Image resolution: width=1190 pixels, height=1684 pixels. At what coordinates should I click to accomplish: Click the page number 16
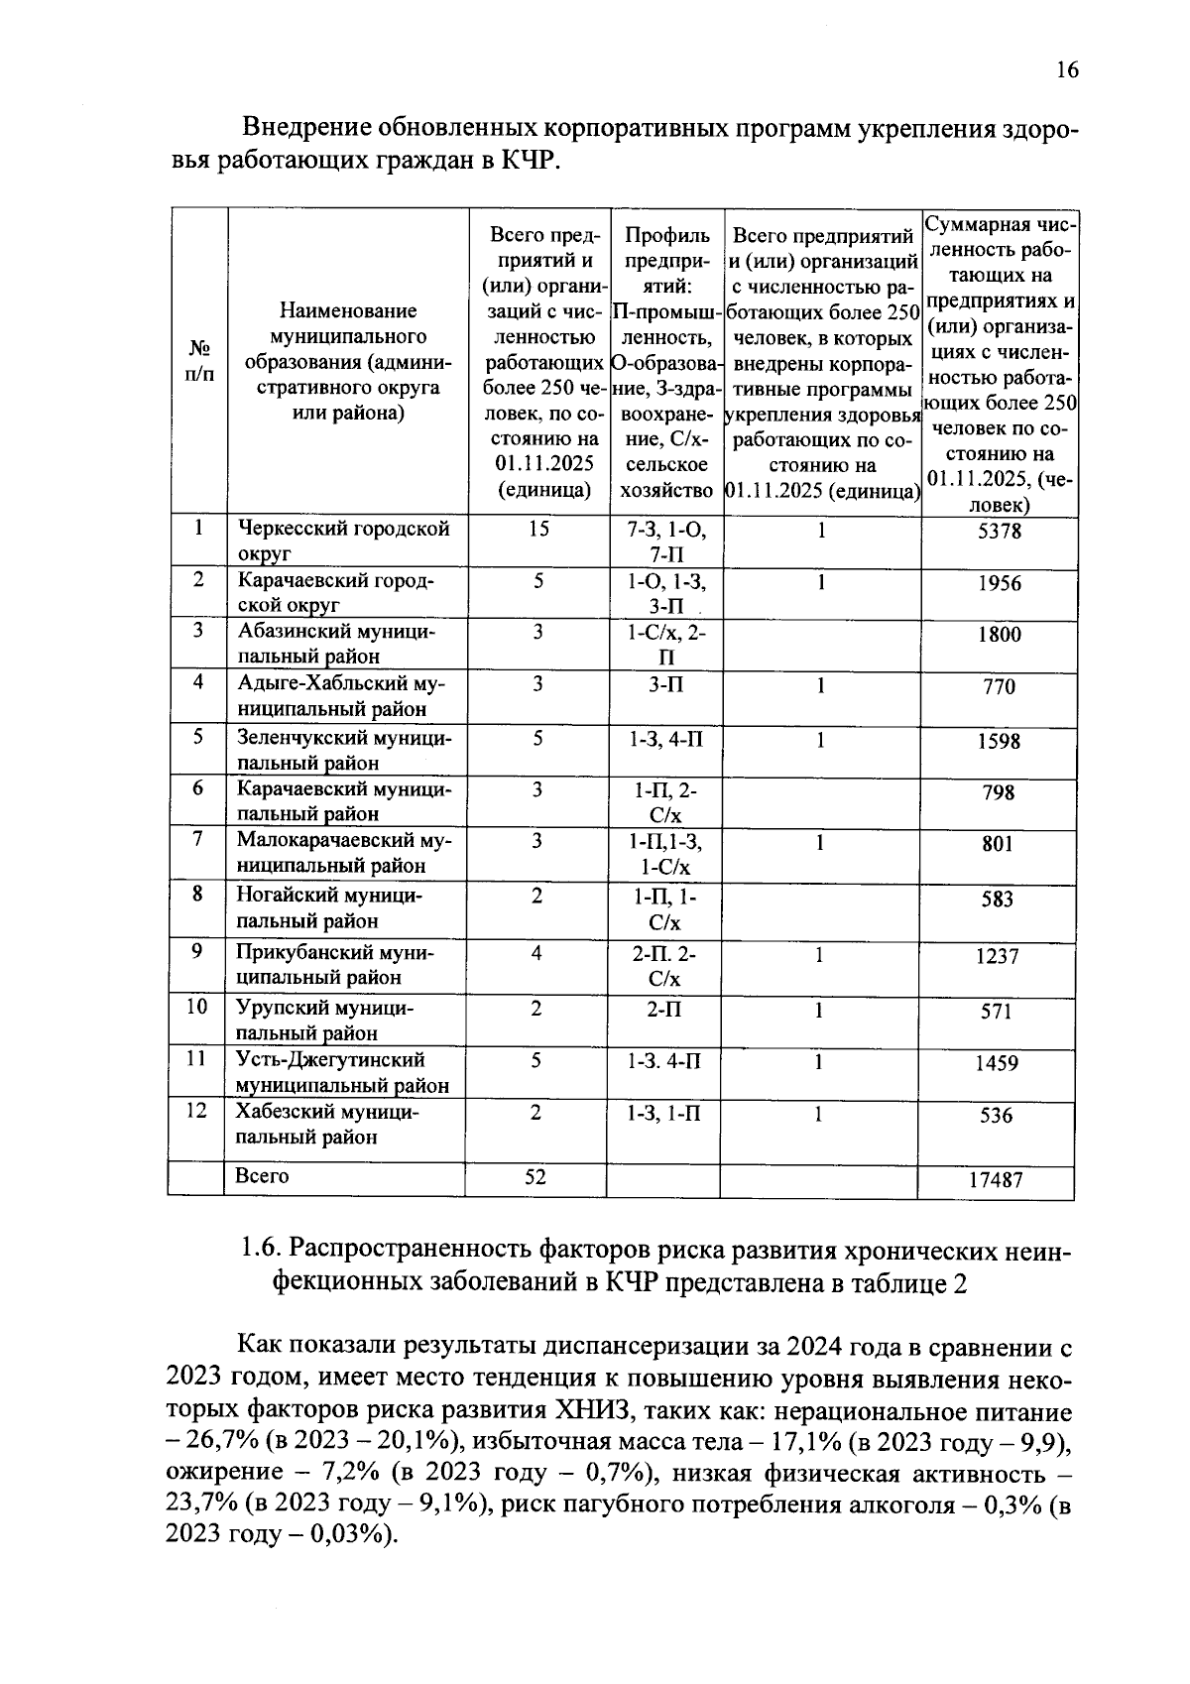tap(1066, 69)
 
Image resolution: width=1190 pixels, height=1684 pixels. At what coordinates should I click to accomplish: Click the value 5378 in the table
tap(999, 532)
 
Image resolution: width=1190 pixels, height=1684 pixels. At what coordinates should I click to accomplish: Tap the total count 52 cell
tap(535, 1176)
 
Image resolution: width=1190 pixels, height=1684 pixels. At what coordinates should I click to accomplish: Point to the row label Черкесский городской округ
tap(342, 541)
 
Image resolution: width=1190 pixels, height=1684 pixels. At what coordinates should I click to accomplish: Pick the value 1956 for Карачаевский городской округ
tap(999, 583)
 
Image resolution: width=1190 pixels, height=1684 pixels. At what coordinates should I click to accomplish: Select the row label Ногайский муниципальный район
tap(328, 907)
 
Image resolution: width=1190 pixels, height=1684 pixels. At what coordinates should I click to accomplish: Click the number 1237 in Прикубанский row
tap(997, 957)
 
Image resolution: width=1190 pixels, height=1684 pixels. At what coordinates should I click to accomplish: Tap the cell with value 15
tap(537, 529)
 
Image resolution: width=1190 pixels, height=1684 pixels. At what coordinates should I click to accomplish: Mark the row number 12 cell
tap(197, 1111)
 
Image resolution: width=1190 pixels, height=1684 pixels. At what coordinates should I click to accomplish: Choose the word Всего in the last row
tap(262, 1176)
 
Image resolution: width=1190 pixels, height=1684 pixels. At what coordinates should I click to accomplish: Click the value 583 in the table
tap(997, 900)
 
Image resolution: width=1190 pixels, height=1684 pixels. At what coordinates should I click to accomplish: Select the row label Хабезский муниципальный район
tap(327, 1125)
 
